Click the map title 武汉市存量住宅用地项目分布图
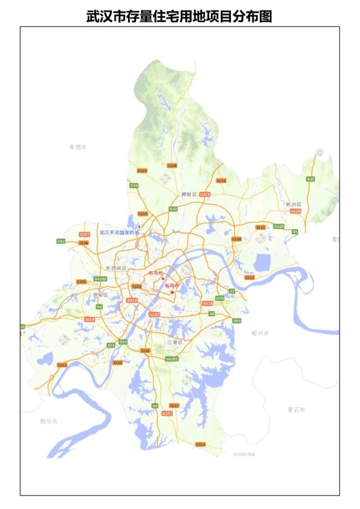pyautogui.click(x=180, y=16)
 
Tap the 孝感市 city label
pyautogui.click(x=78, y=147)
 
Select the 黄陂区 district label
pyautogui.click(x=189, y=194)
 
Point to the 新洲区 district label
pyautogui.click(x=293, y=204)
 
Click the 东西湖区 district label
pyautogui.click(x=116, y=269)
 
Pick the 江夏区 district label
pyautogui.click(x=175, y=342)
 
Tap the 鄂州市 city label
pyautogui.click(x=260, y=333)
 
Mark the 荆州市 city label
pyautogui.click(x=49, y=421)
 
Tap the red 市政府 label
pyautogui.click(x=156, y=273)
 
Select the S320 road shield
pyautogui.click(x=142, y=171)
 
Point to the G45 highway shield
pyautogui.click(x=311, y=179)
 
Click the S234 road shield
pyautogui.click(x=221, y=180)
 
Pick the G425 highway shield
pyautogui.click(x=279, y=226)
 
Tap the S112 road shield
pyautogui.click(x=249, y=278)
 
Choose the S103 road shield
pyautogui.click(x=62, y=365)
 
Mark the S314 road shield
pyautogui.click(x=200, y=444)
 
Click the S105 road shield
pyautogui.click(x=81, y=281)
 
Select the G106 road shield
pyautogui.click(x=296, y=211)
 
